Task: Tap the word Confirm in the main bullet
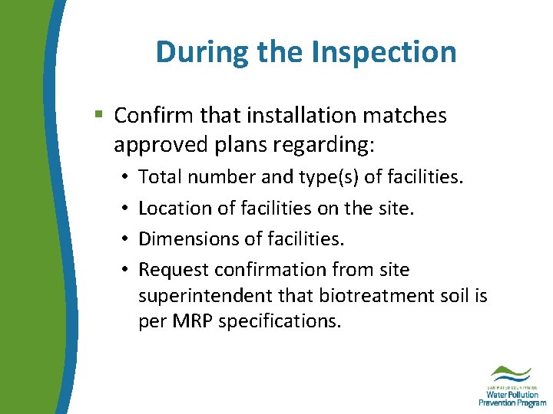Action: click(x=150, y=116)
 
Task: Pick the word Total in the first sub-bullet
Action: click(x=158, y=177)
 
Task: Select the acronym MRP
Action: click(x=193, y=321)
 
